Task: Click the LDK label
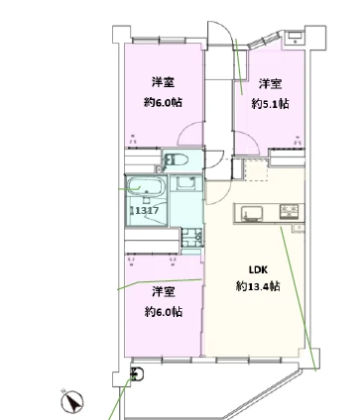tap(258, 270)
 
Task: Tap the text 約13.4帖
tap(258, 286)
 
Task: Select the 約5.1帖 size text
tap(270, 104)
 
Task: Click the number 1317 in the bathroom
tap(146, 210)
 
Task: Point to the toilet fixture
tap(177, 160)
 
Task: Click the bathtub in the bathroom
tap(147, 187)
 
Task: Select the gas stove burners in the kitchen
tap(290, 212)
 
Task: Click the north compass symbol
tap(71, 401)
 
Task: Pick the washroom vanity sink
tap(185, 183)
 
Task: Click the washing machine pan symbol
tap(191, 239)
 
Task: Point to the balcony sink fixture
tap(137, 374)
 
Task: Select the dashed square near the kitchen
tap(255, 169)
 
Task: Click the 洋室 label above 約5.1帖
tap(270, 84)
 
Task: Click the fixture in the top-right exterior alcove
tap(295, 37)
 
